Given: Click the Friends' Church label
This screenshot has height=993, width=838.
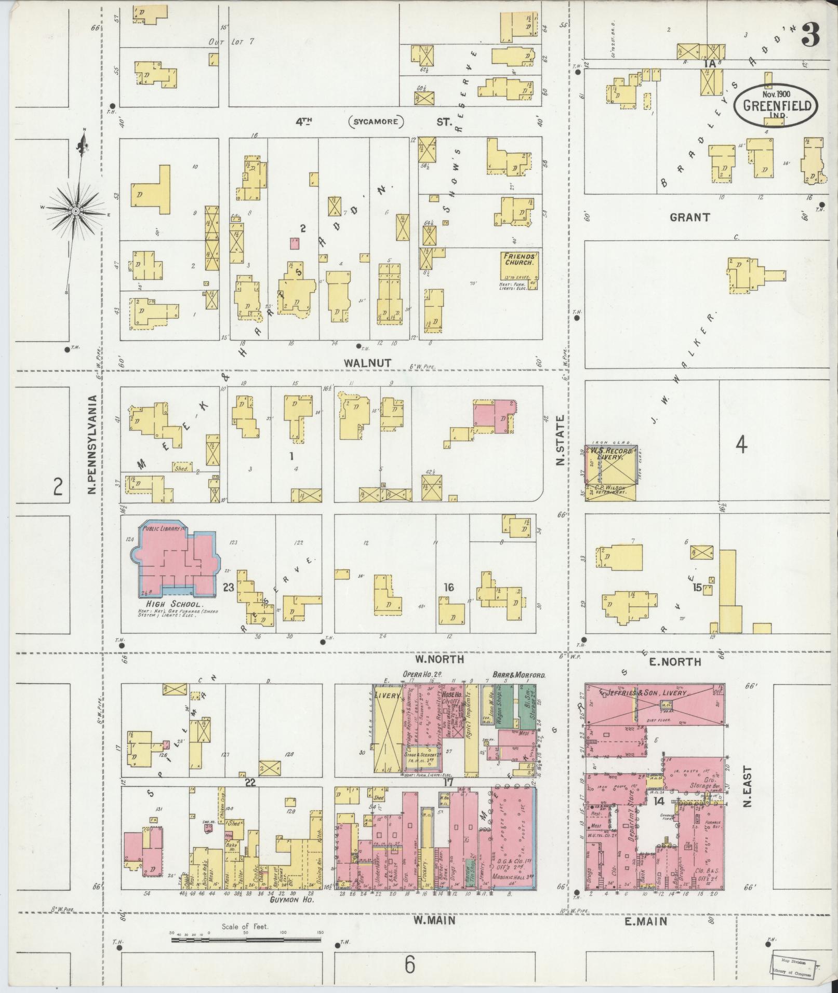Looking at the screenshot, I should [x=518, y=259].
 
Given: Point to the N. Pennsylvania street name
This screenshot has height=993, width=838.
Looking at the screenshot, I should [x=92, y=445].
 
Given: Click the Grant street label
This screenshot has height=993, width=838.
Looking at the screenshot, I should [x=689, y=217].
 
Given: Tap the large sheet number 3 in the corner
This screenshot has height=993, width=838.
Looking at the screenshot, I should [x=812, y=35].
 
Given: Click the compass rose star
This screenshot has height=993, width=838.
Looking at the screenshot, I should [x=76, y=210].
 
